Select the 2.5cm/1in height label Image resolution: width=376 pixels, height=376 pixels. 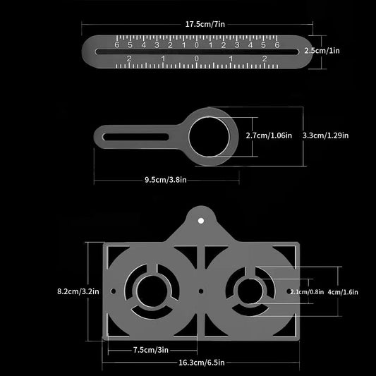point(347,51)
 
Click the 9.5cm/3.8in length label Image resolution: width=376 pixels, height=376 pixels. point(165,179)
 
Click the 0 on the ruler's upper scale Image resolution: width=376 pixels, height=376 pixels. point(196,45)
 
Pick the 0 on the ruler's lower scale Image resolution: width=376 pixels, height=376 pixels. point(196,59)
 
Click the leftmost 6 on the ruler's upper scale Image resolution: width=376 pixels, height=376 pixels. point(117,45)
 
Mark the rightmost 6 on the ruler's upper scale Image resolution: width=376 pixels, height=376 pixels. point(277,45)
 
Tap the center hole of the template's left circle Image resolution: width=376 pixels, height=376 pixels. point(153,290)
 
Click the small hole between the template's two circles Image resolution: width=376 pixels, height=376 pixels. point(201,290)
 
